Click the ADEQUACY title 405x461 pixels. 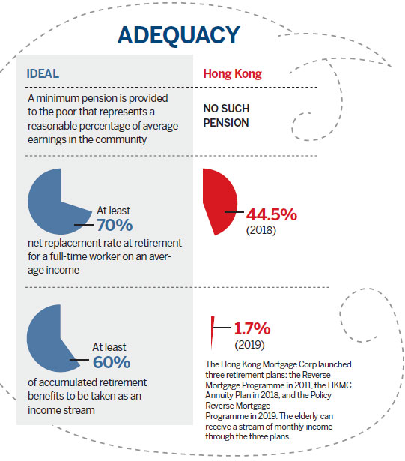point(179,35)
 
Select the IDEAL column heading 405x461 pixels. point(43,73)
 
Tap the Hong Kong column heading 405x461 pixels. point(232,74)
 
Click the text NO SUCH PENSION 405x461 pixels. point(226,115)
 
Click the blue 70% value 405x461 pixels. point(115,225)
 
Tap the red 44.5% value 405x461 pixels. point(272,214)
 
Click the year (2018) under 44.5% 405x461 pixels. point(261,230)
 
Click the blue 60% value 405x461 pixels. point(112,362)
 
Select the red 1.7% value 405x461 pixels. point(252,328)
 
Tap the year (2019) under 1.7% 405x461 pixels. point(249,345)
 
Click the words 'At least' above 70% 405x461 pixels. point(113,211)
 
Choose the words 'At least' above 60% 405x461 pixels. point(109,347)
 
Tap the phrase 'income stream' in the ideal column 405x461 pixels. point(61,410)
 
